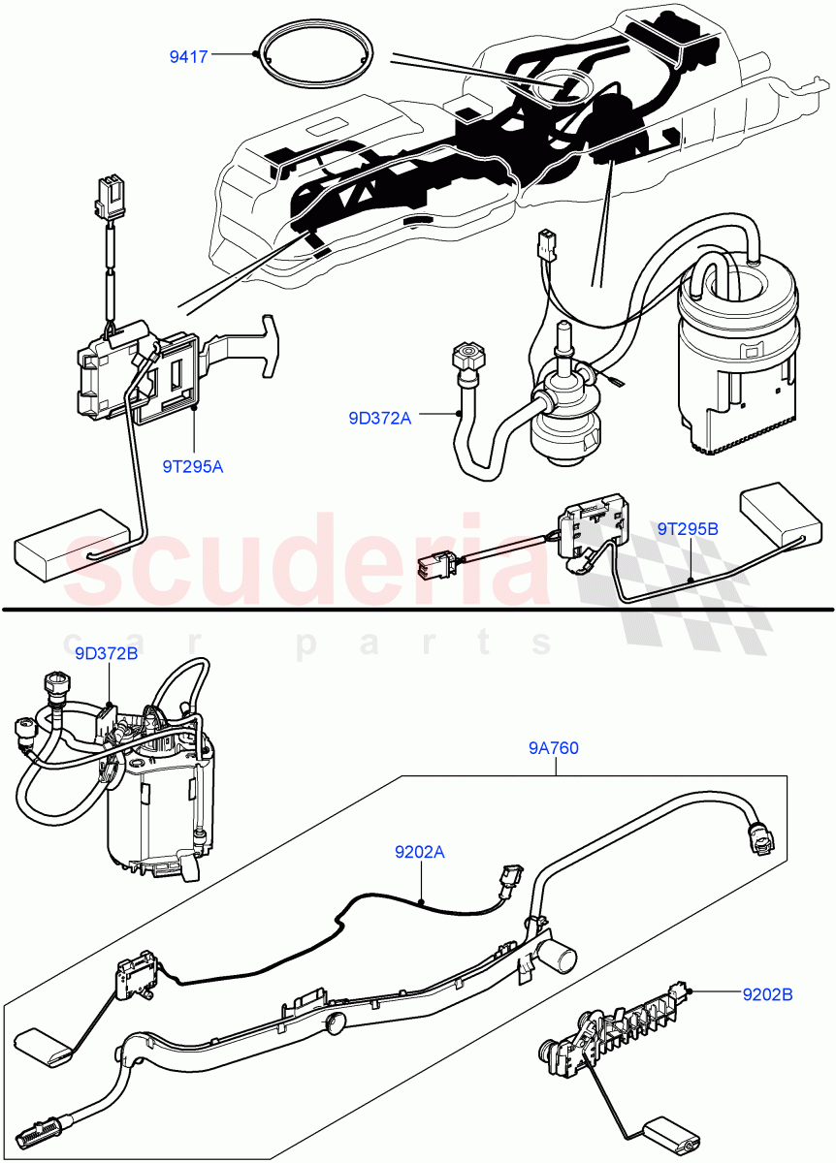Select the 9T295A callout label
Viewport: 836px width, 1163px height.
point(193,466)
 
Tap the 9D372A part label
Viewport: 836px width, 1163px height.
point(380,419)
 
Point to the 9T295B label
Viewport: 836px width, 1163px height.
point(688,529)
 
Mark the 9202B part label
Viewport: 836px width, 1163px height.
point(768,993)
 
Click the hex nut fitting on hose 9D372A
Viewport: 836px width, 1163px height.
point(466,353)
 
